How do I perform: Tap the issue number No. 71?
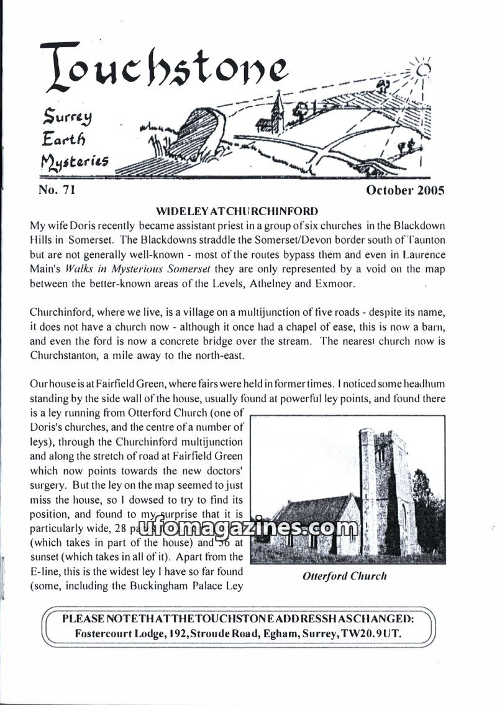coord(57,190)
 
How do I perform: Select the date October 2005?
coord(406,190)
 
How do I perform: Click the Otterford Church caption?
coord(345,576)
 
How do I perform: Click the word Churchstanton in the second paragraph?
coord(61,356)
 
